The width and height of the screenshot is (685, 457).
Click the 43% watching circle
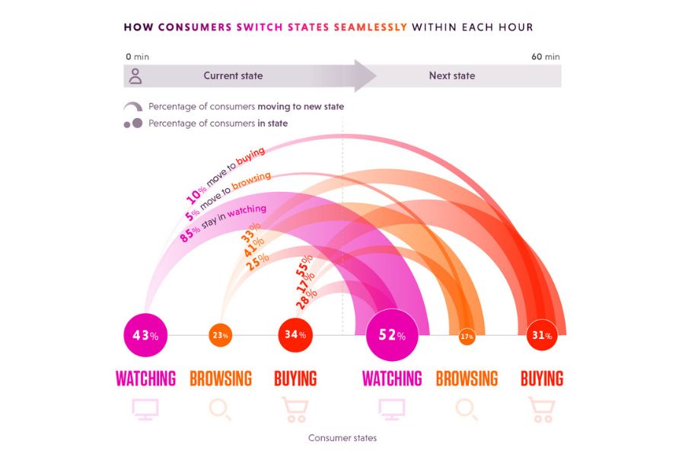pos(145,335)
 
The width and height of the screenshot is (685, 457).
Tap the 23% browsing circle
pos(220,335)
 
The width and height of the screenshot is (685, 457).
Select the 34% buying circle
pos(295,335)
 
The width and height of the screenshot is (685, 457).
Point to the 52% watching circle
pos(392,335)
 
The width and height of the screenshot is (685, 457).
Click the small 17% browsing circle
pos(467,336)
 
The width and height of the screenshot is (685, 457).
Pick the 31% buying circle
pos(542,335)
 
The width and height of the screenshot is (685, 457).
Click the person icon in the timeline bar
pos(135,75)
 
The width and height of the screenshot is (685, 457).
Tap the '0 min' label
pos(137,56)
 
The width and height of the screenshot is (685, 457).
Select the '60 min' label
pos(546,56)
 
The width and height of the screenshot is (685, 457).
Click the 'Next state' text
pos(451,75)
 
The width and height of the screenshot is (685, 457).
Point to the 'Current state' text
pos(233,75)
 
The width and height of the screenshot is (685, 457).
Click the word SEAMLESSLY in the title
pos(371,27)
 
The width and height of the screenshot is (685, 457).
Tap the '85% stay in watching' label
pos(223,223)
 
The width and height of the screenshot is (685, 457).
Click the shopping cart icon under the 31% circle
pos(542,409)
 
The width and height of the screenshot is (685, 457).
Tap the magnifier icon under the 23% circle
pos(220,410)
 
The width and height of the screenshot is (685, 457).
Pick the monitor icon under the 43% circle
pos(145,409)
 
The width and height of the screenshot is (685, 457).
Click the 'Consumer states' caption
pos(342,438)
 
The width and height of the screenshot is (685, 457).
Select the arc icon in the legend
pos(132,106)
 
